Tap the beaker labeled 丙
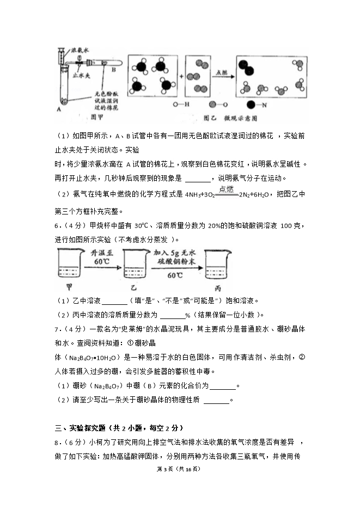coord(217,267)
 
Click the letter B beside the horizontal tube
coord(113,70)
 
